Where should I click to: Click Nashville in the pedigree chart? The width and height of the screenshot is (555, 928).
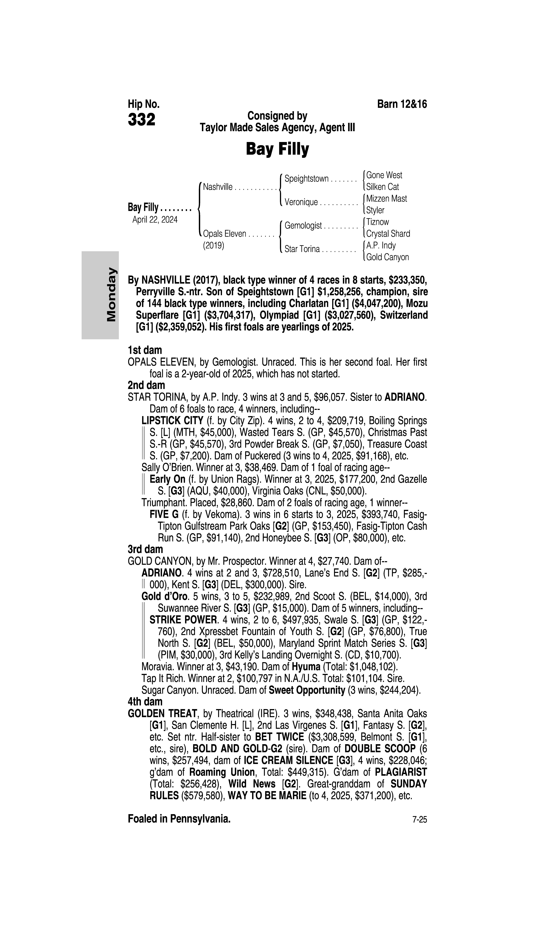point(218,187)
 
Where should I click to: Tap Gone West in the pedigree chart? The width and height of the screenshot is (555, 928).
point(384,175)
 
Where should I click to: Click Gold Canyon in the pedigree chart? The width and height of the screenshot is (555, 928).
point(387,257)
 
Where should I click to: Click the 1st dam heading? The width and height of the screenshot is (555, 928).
point(145,350)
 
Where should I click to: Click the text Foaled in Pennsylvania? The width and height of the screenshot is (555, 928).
point(179,819)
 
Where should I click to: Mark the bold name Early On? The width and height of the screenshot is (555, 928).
point(167,479)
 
